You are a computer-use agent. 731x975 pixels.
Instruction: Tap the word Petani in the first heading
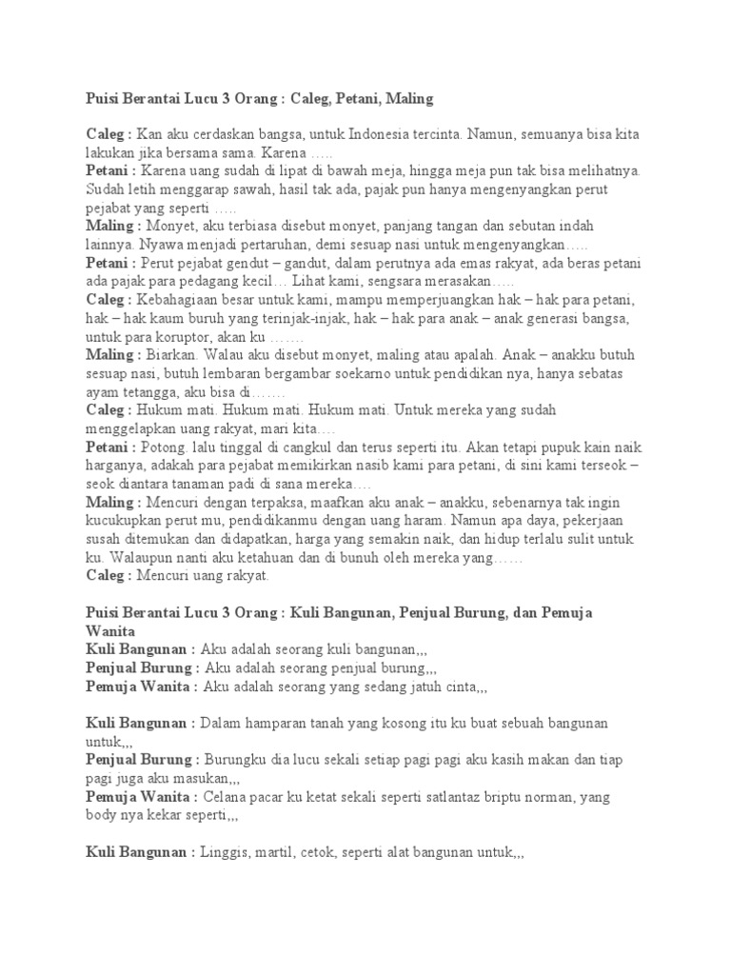pos(339,98)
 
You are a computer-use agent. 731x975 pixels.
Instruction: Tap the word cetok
pos(316,853)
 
